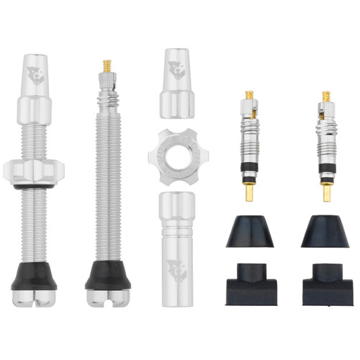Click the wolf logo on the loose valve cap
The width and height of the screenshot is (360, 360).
pyautogui.click(x=177, y=71)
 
